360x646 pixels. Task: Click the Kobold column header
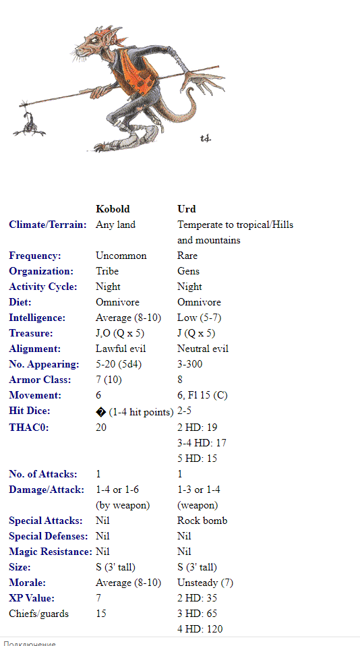point(113,209)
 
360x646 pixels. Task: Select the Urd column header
point(187,209)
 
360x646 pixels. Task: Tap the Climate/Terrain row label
point(48,225)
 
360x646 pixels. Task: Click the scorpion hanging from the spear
point(31,123)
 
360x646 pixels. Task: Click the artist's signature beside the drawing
point(206,138)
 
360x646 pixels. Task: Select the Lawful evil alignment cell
point(121,349)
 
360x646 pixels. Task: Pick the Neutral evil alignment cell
point(203,349)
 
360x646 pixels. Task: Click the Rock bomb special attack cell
point(202,521)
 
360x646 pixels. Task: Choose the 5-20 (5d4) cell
point(123,364)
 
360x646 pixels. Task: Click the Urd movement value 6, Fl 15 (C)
point(202,395)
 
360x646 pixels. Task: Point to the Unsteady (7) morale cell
point(205,583)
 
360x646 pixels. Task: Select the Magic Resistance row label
point(51,552)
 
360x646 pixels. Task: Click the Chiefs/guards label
point(38,614)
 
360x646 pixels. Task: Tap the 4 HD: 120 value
point(200,629)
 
